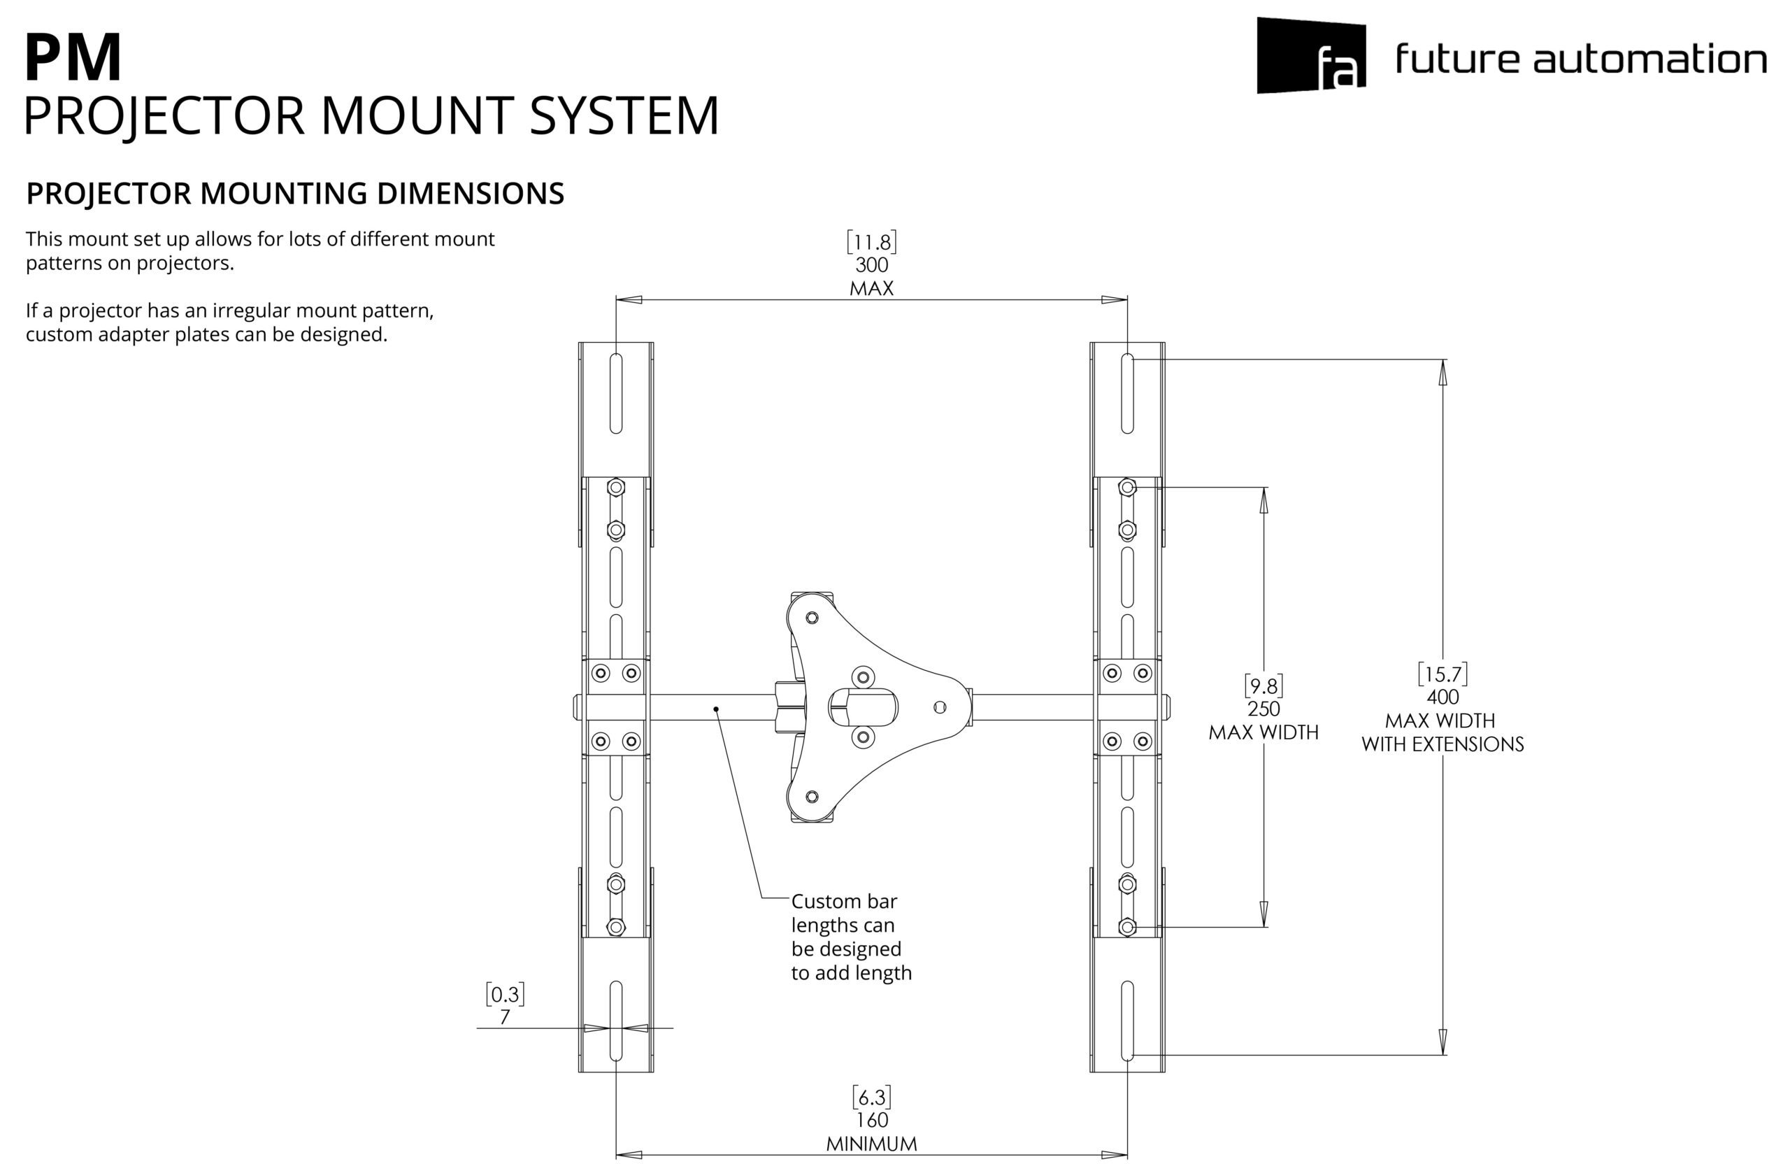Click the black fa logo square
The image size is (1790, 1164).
[1311, 56]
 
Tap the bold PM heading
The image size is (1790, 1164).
[73, 58]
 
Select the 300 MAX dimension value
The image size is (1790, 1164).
[872, 265]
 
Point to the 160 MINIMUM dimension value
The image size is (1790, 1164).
[872, 1121]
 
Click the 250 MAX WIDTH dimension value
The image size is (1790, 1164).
[1263, 709]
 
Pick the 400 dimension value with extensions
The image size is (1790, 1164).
[1442, 697]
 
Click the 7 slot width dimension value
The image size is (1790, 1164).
[505, 1017]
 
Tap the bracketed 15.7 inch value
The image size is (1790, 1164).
[1442, 674]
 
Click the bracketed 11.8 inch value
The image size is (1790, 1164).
[872, 242]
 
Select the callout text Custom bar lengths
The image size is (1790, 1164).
[843, 914]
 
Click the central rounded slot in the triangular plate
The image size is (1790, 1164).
[863, 707]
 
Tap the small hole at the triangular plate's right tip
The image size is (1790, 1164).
[939, 707]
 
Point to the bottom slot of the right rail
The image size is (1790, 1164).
[1126, 1021]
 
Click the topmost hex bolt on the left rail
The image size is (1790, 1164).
[616, 488]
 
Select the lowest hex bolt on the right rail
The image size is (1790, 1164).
[1126, 927]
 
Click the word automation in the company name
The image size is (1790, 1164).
[1649, 59]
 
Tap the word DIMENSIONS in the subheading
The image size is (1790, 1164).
[470, 193]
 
